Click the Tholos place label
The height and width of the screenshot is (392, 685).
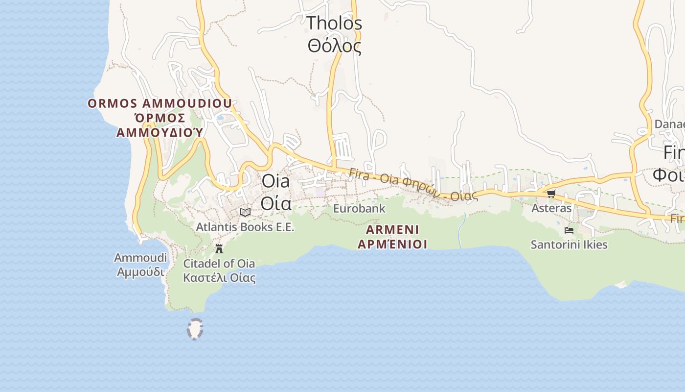pyautogui.click(x=334, y=23)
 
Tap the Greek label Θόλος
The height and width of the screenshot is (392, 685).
pyautogui.click(x=334, y=46)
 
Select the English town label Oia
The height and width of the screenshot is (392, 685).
pyautogui.click(x=275, y=181)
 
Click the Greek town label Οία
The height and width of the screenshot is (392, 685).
pyautogui.click(x=276, y=203)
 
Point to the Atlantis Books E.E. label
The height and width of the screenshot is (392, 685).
pyautogui.click(x=245, y=227)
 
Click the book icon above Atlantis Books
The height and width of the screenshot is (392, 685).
pyautogui.click(x=245, y=212)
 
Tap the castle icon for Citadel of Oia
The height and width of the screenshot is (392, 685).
pyautogui.click(x=219, y=248)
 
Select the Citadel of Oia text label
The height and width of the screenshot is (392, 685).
pyautogui.click(x=219, y=264)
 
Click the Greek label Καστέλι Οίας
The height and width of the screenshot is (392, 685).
pyautogui.click(x=219, y=278)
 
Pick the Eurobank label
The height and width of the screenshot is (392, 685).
pyautogui.click(x=359, y=209)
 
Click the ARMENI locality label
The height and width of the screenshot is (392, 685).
pyautogui.click(x=392, y=230)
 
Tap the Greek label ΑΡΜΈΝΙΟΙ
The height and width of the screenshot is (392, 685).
pyautogui.click(x=392, y=244)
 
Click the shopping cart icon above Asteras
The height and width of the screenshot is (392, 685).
pyautogui.click(x=551, y=194)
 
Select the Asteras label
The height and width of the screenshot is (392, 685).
pyautogui.click(x=551, y=208)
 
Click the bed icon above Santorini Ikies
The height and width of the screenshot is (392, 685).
pyautogui.click(x=569, y=230)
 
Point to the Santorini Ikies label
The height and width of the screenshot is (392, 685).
pyautogui.click(x=569, y=245)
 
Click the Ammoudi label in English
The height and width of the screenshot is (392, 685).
pyautogui.click(x=140, y=258)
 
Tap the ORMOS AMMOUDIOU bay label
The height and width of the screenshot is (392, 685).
pyautogui.click(x=160, y=103)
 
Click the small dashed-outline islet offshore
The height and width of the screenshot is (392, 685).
pyautogui.click(x=195, y=329)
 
